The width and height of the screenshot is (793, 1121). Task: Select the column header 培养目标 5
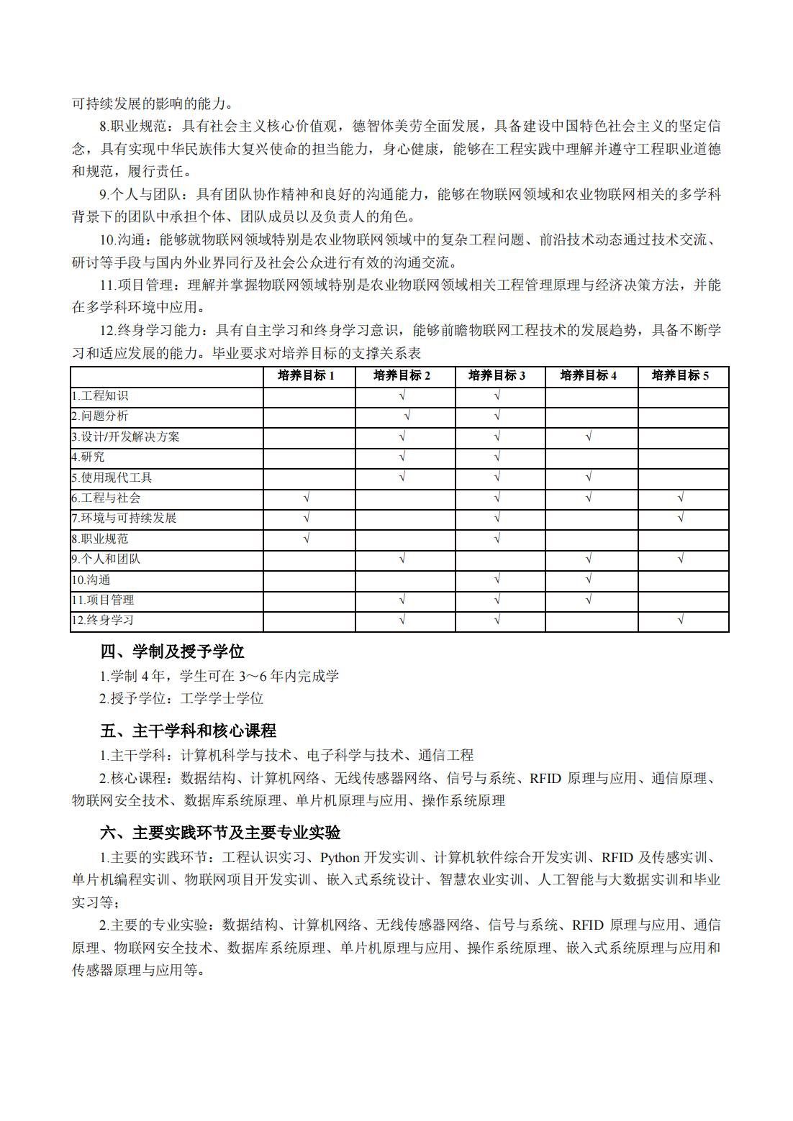pos(680,375)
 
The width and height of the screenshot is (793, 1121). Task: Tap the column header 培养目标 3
pos(497,375)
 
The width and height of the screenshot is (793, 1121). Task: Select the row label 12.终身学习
pos(103,620)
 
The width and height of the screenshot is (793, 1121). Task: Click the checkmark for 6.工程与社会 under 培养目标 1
pos(307,498)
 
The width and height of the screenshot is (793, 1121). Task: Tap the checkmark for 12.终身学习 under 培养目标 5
pos(681,620)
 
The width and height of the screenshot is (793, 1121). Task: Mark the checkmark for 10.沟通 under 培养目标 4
pos(589,579)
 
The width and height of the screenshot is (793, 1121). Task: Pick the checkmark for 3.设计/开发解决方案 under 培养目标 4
pos(589,436)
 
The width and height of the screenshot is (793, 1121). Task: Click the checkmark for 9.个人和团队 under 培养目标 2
pos(402,559)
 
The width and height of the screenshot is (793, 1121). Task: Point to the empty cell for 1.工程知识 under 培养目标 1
pos(309,395)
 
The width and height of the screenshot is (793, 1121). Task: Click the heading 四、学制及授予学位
pos(172,651)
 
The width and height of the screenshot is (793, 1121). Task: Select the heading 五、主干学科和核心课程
pos(188,731)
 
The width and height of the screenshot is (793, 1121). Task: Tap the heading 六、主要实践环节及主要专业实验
pos(220,833)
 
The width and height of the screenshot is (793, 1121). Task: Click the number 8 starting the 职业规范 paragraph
pos(103,127)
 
